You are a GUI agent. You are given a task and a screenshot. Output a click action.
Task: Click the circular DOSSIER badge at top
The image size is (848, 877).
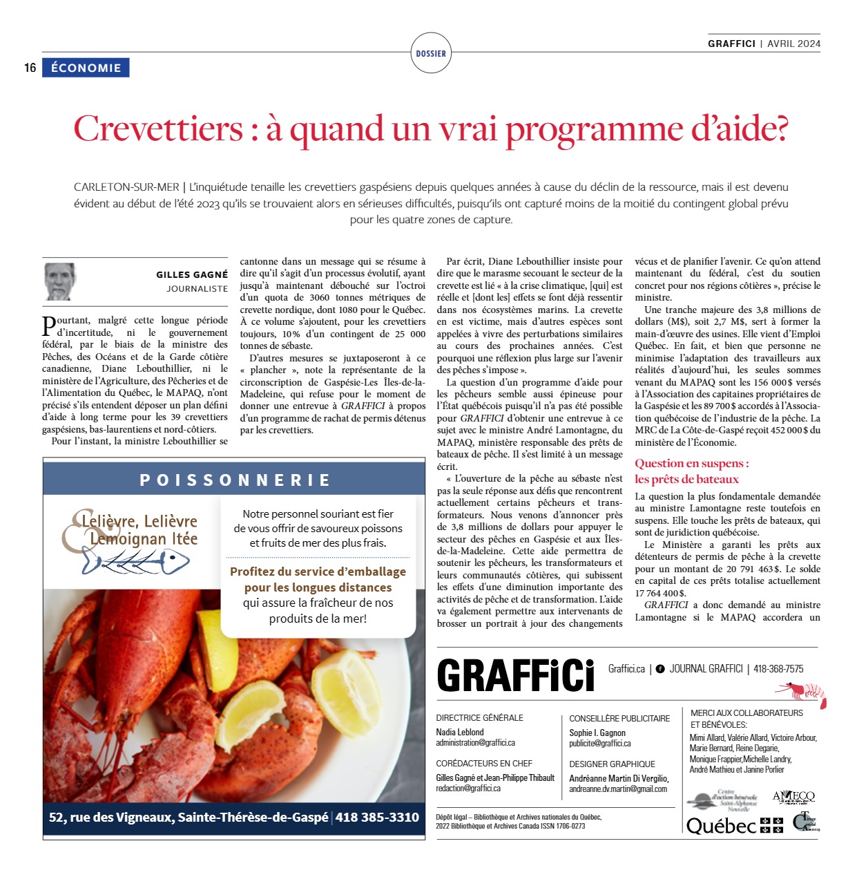pyautogui.click(x=431, y=53)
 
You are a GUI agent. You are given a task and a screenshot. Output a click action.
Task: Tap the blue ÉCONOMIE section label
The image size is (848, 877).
pyautogui.click(x=86, y=68)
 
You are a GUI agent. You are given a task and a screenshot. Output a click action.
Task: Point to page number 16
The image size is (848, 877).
pyautogui.click(x=30, y=68)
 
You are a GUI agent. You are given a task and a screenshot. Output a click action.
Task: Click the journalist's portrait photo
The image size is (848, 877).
pyautogui.click(x=60, y=281)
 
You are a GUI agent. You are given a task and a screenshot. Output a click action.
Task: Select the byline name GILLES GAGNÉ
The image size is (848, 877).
pyautogui.click(x=191, y=275)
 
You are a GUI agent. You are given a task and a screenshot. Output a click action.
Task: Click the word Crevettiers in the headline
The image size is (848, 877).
pyautogui.click(x=158, y=129)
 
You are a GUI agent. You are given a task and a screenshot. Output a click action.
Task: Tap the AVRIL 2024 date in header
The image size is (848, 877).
pyautogui.click(x=794, y=44)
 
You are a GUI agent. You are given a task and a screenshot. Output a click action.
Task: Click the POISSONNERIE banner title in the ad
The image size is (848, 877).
pyautogui.click(x=235, y=480)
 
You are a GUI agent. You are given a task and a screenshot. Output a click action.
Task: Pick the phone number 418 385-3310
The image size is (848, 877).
pyautogui.click(x=377, y=817)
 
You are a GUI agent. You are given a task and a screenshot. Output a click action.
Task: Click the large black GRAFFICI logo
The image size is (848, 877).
pyautogui.click(x=516, y=675)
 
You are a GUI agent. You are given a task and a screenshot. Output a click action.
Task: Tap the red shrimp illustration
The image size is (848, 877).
pyautogui.click(x=802, y=692)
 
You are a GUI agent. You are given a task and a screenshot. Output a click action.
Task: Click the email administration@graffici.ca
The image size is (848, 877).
pyautogui.click(x=475, y=743)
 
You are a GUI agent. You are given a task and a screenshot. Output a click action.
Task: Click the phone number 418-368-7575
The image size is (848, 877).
pyautogui.click(x=778, y=669)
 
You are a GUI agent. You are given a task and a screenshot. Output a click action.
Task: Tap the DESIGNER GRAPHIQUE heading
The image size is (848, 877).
pyautogui.click(x=612, y=764)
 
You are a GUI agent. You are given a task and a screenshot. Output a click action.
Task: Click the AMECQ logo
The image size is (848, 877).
pyautogui.click(x=793, y=797)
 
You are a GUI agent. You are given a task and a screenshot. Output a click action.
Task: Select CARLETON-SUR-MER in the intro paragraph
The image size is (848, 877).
pyautogui.click(x=126, y=187)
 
